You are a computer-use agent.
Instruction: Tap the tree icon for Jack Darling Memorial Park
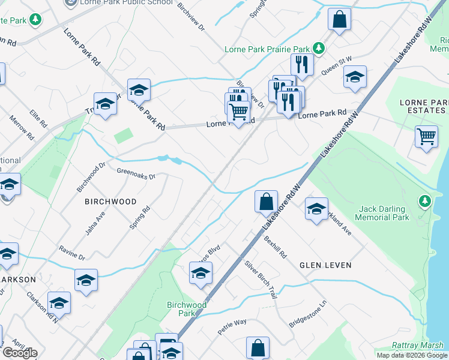point(425,200)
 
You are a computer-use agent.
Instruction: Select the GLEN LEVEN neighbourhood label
point(325,265)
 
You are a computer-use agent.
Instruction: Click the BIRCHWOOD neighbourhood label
point(110,202)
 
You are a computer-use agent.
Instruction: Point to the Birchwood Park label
point(186,309)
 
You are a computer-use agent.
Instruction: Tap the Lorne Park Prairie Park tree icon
point(321,48)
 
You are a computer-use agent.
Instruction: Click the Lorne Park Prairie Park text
point(267,49)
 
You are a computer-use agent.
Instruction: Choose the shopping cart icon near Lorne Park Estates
point(426,136)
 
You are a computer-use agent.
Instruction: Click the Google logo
point(20,353)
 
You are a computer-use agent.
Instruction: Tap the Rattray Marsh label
point(420,345)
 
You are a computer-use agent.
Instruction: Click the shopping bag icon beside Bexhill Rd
point(265,202)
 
